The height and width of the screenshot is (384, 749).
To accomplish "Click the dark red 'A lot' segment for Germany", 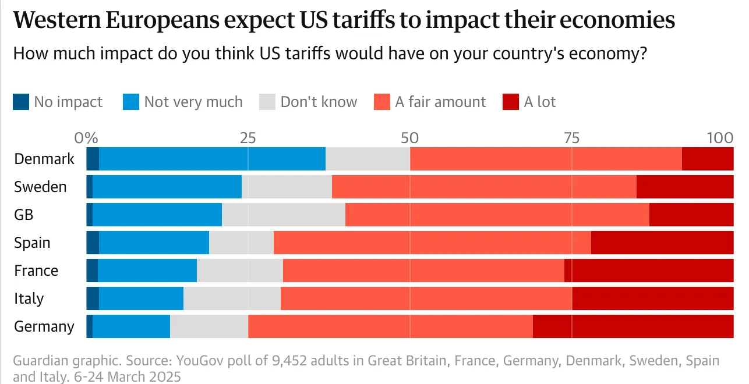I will [x=633, y=326].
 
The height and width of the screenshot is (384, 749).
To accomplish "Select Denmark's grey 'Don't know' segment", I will [x=368, y=159].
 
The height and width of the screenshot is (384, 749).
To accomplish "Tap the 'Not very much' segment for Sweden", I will [x=167, y=187].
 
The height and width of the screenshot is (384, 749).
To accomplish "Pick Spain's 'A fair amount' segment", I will [x=432, y=243].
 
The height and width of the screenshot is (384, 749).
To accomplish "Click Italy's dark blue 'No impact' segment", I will [x=93, y=298].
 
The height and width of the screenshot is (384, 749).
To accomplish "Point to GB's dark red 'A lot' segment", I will [x=691, y=215].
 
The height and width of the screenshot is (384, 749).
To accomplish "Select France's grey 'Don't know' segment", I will [x=240, y=271].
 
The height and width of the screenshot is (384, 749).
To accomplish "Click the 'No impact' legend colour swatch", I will [x=21, y=102].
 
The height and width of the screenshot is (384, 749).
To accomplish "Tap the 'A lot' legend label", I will [x=540, y=102].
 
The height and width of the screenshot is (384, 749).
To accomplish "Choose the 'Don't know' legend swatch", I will [x=267, y=102].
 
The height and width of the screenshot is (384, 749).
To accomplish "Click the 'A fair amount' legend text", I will [x=440, y=102].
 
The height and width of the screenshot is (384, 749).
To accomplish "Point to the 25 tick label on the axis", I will [x=248, y=138].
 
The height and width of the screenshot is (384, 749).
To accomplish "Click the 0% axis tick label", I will [x=86, y=138].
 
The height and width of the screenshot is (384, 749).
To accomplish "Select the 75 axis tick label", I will [x=571, y=138].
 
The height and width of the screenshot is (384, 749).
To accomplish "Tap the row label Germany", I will [x=44, y=326].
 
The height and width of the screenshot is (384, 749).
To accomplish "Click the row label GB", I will [x=24, y=215].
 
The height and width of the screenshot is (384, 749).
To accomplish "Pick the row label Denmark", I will [x=44, y=159].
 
